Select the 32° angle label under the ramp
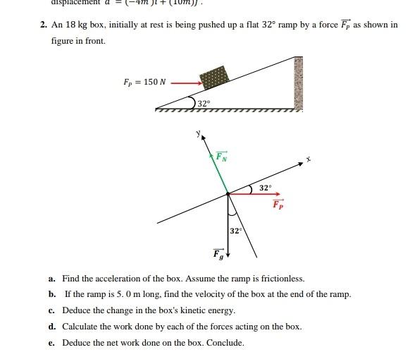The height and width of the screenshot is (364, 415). (203, 104)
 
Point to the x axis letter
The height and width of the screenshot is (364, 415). (308, 159)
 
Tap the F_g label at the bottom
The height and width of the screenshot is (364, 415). (218, 253)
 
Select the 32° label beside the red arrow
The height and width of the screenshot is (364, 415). (264, 188)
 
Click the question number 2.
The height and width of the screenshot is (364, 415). (43, 25)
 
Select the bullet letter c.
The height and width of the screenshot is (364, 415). (53, 310)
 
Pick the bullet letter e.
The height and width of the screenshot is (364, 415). (53, 343)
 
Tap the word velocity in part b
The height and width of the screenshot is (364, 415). (209, 294)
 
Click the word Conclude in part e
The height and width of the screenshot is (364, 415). (225, 343)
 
